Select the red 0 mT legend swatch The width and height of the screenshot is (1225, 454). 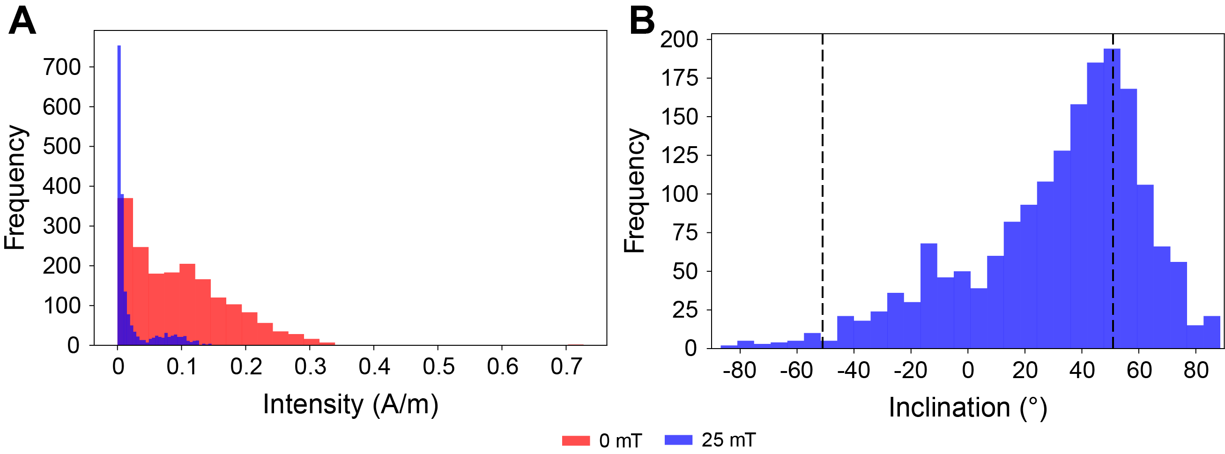click(575, 440)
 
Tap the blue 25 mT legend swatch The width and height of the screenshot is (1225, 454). click(678, 440)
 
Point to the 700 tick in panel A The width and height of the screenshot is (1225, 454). click(62, 67)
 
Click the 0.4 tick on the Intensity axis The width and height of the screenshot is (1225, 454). click(374, 366)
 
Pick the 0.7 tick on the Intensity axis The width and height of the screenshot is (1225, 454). click(566, 366)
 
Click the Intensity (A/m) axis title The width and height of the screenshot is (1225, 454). click(350, 404)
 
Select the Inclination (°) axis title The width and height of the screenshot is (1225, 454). click(968, 408)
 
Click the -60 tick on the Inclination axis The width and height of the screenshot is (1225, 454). click(796, 370)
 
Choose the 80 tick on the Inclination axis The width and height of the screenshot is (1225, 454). click(1196, 370)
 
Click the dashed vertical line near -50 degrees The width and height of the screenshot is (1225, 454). click(823, 190)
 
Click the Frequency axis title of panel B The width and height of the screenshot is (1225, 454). click(634, 190)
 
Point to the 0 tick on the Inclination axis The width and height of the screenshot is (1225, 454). click(968, 370)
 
